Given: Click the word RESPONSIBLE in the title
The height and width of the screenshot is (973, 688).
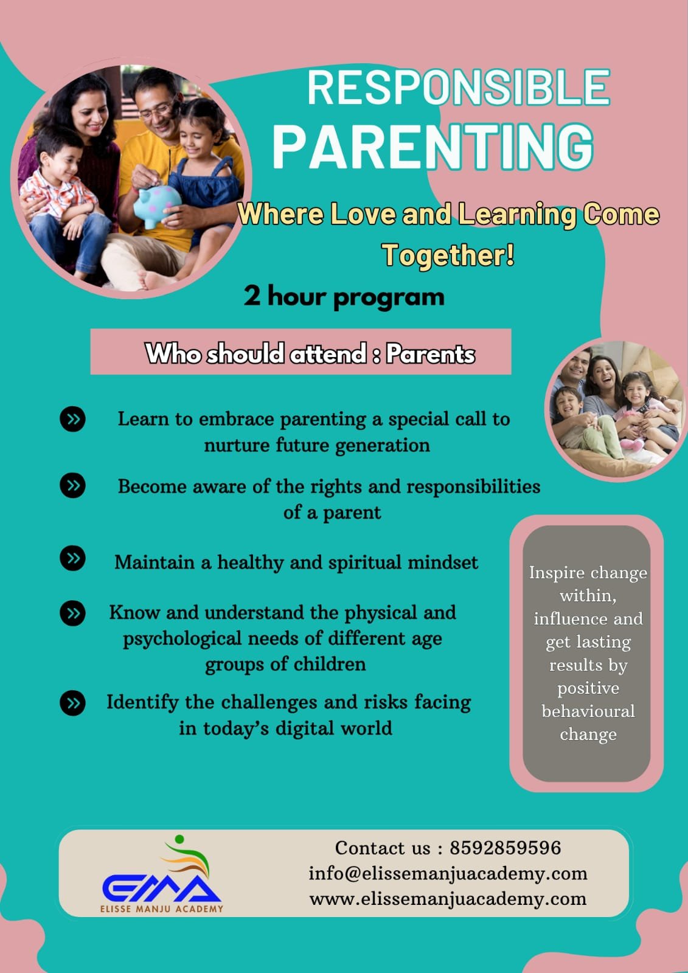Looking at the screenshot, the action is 459,88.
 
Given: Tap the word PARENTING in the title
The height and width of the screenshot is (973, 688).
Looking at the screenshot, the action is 433,147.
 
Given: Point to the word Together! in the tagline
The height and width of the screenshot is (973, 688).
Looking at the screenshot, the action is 448,255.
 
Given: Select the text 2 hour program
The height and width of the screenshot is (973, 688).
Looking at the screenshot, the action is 344,297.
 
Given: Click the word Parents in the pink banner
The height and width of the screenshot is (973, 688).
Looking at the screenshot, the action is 430,354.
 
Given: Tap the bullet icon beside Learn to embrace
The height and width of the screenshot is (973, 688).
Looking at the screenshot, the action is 72,419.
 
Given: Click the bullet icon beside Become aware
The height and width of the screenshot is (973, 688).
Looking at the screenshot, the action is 72,485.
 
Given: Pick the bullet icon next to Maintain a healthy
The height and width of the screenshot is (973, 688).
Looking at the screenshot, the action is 72,558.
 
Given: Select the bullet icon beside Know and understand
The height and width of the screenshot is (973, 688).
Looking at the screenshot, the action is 72,614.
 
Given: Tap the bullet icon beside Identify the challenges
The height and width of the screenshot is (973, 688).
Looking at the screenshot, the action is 72,703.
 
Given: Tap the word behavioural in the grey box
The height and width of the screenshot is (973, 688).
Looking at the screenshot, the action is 588,711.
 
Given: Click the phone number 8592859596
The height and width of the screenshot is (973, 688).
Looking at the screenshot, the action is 506,848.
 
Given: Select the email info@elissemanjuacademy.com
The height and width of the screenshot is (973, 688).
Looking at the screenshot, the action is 448,874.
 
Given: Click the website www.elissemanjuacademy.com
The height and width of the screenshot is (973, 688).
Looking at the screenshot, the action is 448,899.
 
